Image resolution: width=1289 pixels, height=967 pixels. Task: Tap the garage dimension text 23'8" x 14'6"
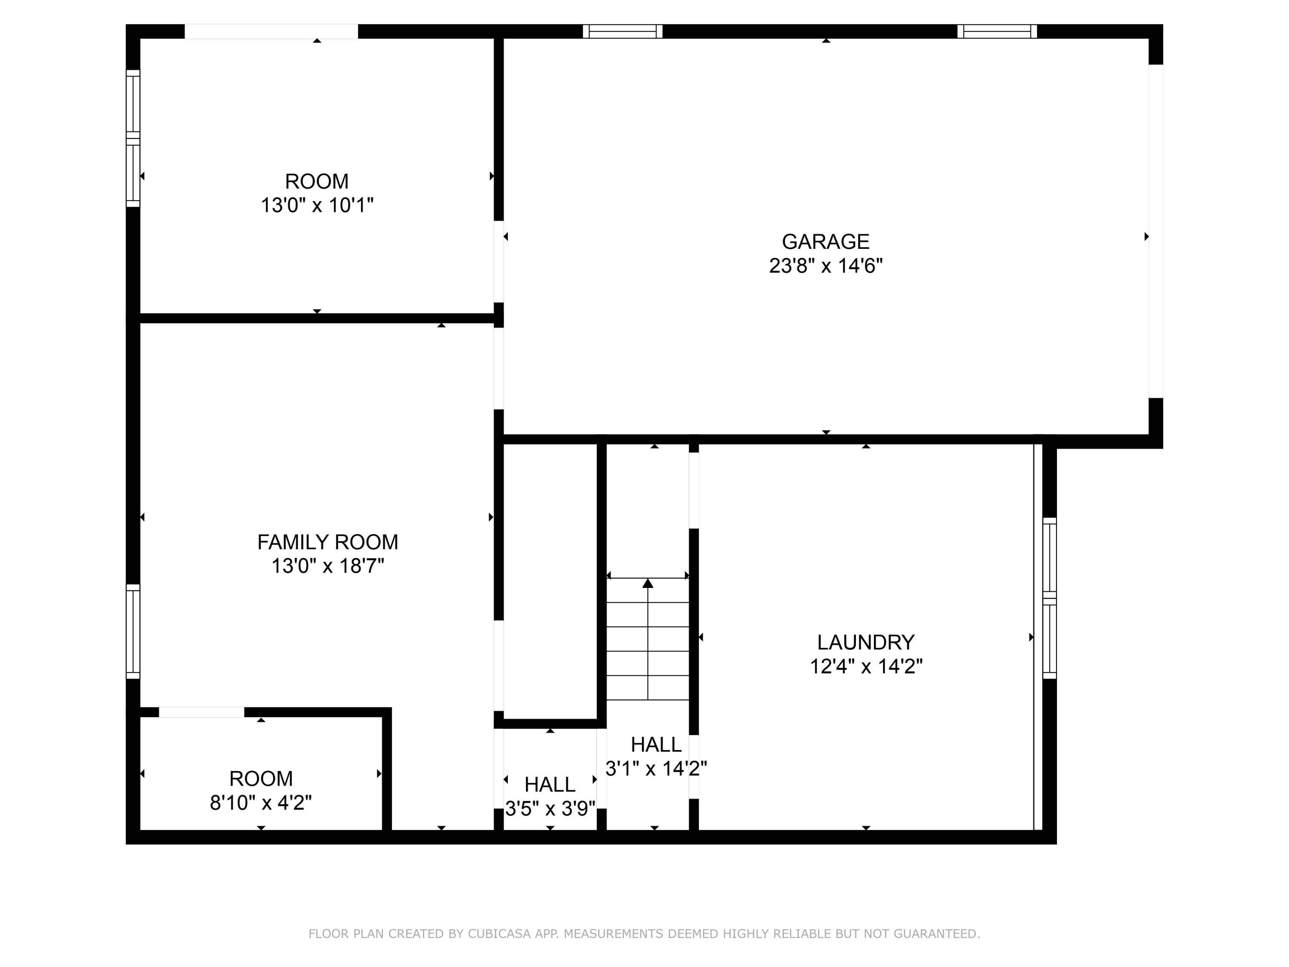826,266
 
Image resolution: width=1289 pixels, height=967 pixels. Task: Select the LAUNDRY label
865,643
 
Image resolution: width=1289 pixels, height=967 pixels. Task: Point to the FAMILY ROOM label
327,542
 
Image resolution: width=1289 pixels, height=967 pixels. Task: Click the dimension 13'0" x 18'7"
327,566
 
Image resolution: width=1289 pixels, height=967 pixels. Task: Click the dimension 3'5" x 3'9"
550,808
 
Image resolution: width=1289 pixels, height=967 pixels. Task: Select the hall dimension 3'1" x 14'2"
656,769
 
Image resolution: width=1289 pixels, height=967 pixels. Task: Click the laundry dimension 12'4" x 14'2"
866,666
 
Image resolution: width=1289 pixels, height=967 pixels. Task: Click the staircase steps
648,639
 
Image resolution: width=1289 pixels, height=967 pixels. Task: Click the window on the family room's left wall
134,631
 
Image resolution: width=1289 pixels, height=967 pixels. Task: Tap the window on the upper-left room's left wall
134,138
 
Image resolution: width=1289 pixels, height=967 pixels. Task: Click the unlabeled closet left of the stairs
550,582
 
